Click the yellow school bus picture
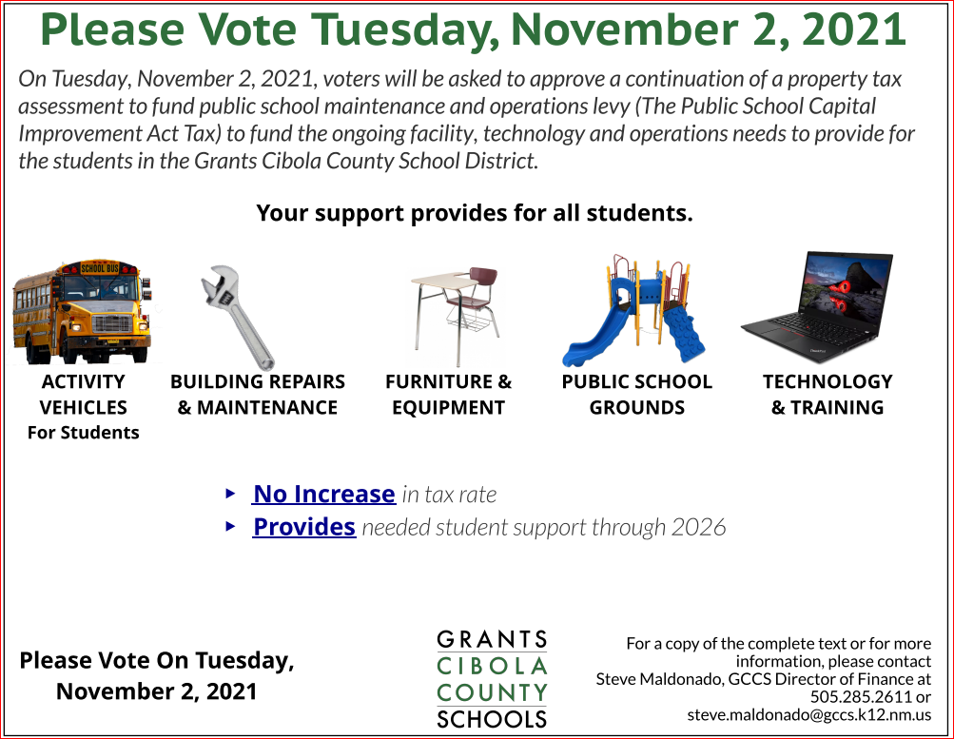(82, 311)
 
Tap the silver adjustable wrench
(237, 317)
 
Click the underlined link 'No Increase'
(324, 494)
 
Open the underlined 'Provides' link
(304, 527)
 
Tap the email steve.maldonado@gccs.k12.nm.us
(809, 714)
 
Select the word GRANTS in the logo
(492, 640)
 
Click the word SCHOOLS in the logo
(492, 719)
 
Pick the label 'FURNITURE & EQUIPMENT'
(448, 394)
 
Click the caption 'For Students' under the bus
(84, 433)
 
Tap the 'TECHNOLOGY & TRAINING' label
(827, 394)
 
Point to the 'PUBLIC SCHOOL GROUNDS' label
(637, 394)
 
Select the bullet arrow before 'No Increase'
(230, 494)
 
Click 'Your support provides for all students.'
(475, 213)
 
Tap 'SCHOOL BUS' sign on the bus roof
(100, 267)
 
